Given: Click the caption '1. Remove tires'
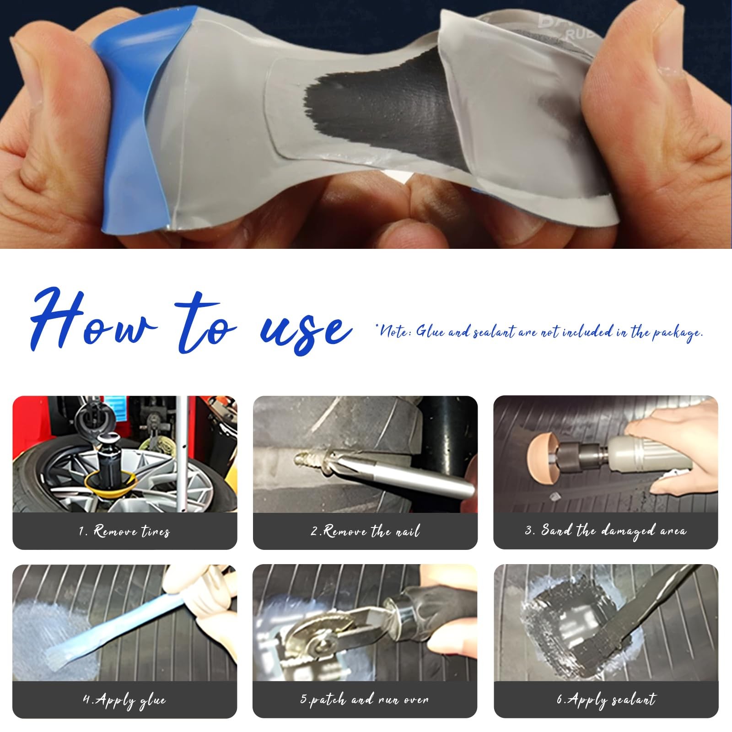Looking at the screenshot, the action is [x=124, y=531].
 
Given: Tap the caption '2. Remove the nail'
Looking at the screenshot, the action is [x=365, y=531].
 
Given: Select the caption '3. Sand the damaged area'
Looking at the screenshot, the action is [x=605, y=531].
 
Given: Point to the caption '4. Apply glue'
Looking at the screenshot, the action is [x=124, y=700].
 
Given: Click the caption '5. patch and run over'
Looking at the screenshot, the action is [x=365, y=700].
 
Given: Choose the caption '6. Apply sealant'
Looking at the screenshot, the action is [x=606, y=700].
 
